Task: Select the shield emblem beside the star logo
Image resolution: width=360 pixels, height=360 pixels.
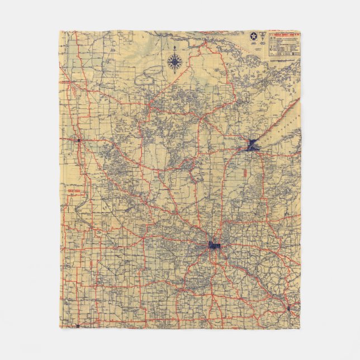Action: click(263, 36)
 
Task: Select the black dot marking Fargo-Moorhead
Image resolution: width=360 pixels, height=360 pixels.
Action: click(79, 140)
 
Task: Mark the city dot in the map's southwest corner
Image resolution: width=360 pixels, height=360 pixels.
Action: click(78, 324)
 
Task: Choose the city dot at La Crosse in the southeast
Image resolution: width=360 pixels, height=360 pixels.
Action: click(288, 307)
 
